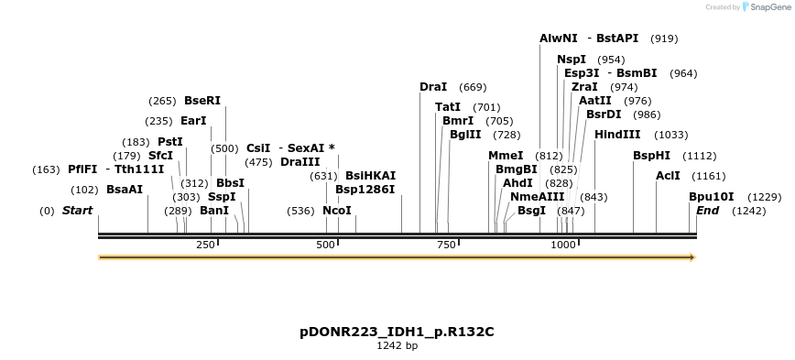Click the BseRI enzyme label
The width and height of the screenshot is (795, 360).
click(x=202, y=101)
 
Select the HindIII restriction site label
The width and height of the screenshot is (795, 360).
click(x=618, y=135)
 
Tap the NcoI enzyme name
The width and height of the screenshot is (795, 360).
click(x=337, y=211)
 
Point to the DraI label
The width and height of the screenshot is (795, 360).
click(x=433, y=87)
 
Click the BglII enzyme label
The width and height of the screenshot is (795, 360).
click(x=465, y=135)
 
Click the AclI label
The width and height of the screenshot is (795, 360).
click(x=668, y=175)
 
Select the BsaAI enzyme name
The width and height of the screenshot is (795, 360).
click(x=125, y=190)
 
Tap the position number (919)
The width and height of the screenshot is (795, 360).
click(x=664, y=39)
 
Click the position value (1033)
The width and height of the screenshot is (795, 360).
click(x=670, y=135)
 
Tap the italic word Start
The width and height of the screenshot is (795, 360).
click(x=78, y=211)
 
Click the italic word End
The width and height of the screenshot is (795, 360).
click(x=707, y=211)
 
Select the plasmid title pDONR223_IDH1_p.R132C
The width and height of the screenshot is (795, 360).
click(x=397, y=331)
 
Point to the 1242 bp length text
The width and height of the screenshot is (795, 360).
click(x=397, y=346)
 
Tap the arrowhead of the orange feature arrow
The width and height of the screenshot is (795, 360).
click(x=692, y=257)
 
